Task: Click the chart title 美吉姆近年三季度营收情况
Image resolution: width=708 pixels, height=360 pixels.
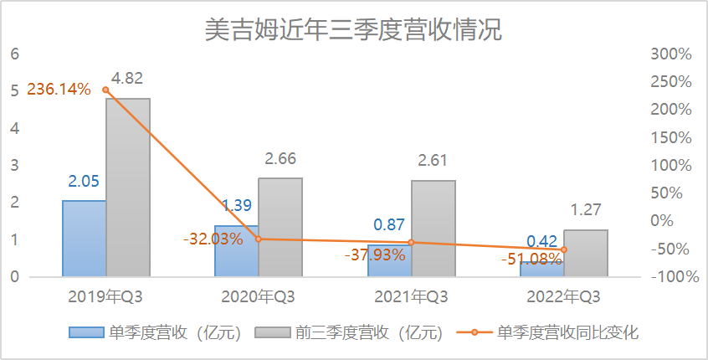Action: pyautogui.click(x=353, y=30)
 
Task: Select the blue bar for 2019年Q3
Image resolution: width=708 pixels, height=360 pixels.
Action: pyautogui.click(x=84, y=239)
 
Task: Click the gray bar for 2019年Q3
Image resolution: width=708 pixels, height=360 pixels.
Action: pyautogui.click(x=128, y=188)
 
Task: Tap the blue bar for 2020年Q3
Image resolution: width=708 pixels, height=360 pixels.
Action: pyautogui.click(x=237, y=251)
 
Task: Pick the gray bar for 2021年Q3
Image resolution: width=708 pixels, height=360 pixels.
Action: pyautogui.click(x=434, y=228)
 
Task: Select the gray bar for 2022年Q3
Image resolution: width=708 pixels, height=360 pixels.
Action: pyautogui.click(x=586, y=253)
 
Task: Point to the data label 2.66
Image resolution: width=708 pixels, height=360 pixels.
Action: pyautogui.click(x=280, y=159)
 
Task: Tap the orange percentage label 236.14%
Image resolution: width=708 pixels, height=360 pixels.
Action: pyautogui.click(x=59, y=89)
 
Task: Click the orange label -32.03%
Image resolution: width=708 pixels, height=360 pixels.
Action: pyautogui.click(x=213, y=239)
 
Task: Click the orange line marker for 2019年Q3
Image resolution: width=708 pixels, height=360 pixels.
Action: pyautogui.click(x=105, y=90)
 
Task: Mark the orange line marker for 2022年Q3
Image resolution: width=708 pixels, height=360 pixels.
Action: pyautogui.click(x=564, y=249)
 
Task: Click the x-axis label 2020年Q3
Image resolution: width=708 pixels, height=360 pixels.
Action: pyautogui.click(x=258, y=297)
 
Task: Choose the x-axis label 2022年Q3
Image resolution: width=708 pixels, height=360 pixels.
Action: pyautogui.click(x=563, y=297)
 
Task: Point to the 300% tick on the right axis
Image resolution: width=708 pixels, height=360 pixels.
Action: pyautogui.click(x=670, y=54)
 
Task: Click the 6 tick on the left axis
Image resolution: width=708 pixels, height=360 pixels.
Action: pyautogui.click(x=14, y=54)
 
